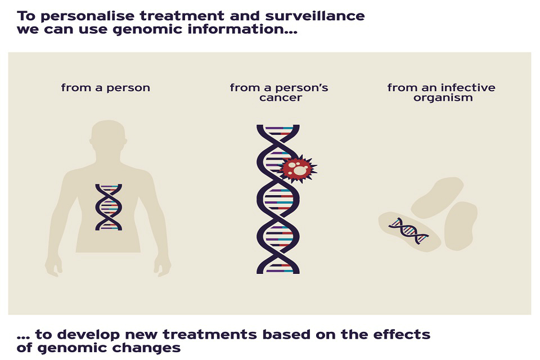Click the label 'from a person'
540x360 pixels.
106,88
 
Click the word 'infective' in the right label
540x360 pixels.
467,88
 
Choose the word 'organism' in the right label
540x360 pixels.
441,98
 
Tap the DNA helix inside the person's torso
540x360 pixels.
109,206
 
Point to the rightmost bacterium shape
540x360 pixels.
461,225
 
